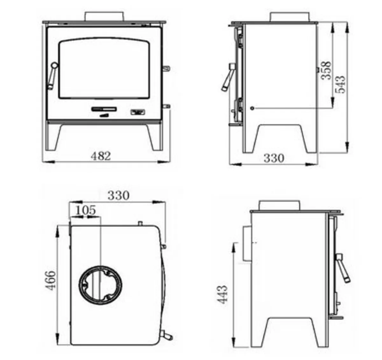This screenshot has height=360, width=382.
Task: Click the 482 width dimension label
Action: tap(101, 156)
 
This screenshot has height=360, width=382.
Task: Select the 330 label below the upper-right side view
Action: tap(274, 158)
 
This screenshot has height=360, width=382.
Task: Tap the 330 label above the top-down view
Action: tap(118, 195)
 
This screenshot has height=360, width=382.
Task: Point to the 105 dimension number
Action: tap(86, 210)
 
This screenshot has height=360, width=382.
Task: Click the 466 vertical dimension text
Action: tap(50, 280)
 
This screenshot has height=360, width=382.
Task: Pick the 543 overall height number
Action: tap(340, 84)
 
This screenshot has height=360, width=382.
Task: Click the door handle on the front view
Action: tap(52, 75)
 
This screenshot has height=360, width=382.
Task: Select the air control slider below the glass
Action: tap(104, 109)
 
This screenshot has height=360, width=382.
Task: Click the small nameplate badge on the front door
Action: tap(138, 112)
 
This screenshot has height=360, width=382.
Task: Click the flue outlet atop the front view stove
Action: tap(104, 17)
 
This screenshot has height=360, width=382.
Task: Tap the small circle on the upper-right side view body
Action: tap(252, 108)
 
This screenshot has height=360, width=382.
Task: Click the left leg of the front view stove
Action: tap(53, 137)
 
